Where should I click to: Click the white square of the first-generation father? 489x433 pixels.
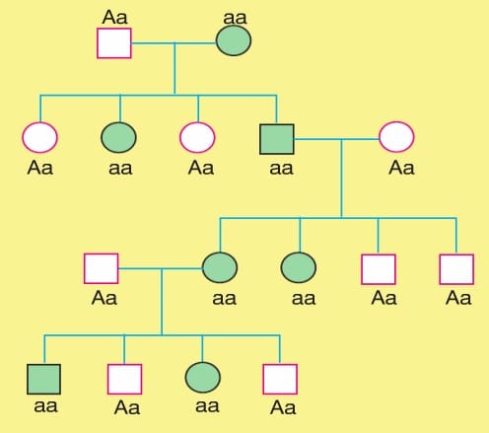(114, 43)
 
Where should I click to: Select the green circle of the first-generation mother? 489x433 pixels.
(234, 40)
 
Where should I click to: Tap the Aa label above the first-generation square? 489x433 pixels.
(114, 17)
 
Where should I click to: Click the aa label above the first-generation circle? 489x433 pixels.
(235, 18)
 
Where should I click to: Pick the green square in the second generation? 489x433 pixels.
(277, 139)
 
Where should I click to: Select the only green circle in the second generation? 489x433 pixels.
(118, 137)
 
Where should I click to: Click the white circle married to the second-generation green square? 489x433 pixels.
(396, 137)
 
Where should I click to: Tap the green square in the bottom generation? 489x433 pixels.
(43, 379)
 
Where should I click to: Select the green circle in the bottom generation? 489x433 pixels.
(203, 378)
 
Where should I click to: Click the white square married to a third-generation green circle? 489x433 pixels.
(101, 268)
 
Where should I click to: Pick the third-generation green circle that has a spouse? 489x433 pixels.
(220, 267)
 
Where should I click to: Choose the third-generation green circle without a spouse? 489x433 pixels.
(299, 267)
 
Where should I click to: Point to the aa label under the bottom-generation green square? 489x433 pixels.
(46, 406)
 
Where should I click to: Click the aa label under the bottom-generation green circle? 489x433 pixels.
(207, 406)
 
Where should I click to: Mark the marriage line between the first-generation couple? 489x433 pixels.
(174, 42)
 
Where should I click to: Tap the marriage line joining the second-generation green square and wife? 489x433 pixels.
(336, 139)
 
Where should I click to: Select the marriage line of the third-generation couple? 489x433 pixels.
(161, 268)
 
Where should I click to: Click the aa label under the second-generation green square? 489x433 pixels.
(281, 168)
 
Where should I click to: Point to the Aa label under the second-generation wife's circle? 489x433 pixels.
(401, 168)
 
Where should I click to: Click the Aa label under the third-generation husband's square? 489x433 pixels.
(105, 298)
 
